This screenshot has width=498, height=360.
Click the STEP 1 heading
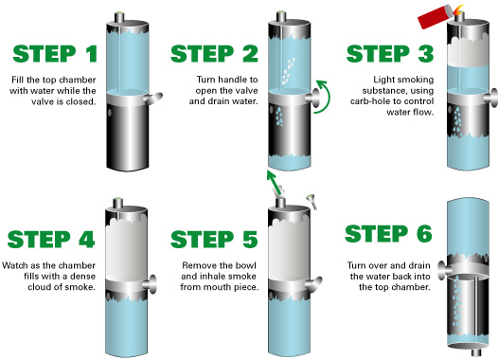click(x=55, y=54)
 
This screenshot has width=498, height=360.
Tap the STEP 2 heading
click(x=214, y=54)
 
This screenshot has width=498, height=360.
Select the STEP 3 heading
click(x=390, y=54)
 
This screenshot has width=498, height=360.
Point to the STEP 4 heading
click(x=51, y=240)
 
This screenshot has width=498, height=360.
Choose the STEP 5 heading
click(x=214, y=240)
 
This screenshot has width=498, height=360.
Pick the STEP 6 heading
click(x=388, y=234)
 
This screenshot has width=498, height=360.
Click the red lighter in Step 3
click(x=434, y=16)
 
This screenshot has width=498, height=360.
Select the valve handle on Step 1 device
click(x=153, y=98)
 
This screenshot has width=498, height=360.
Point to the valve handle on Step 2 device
click(x=313, y=96)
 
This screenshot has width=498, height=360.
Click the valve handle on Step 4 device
click(x=151, y=284)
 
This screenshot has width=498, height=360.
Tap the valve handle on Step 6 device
click(x=445, y=270)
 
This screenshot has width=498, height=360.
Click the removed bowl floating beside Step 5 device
click(x=311, y=201)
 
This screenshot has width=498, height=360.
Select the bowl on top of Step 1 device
click(x=119, y=17)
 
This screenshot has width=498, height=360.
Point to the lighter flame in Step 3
click(x=457, y=9)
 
